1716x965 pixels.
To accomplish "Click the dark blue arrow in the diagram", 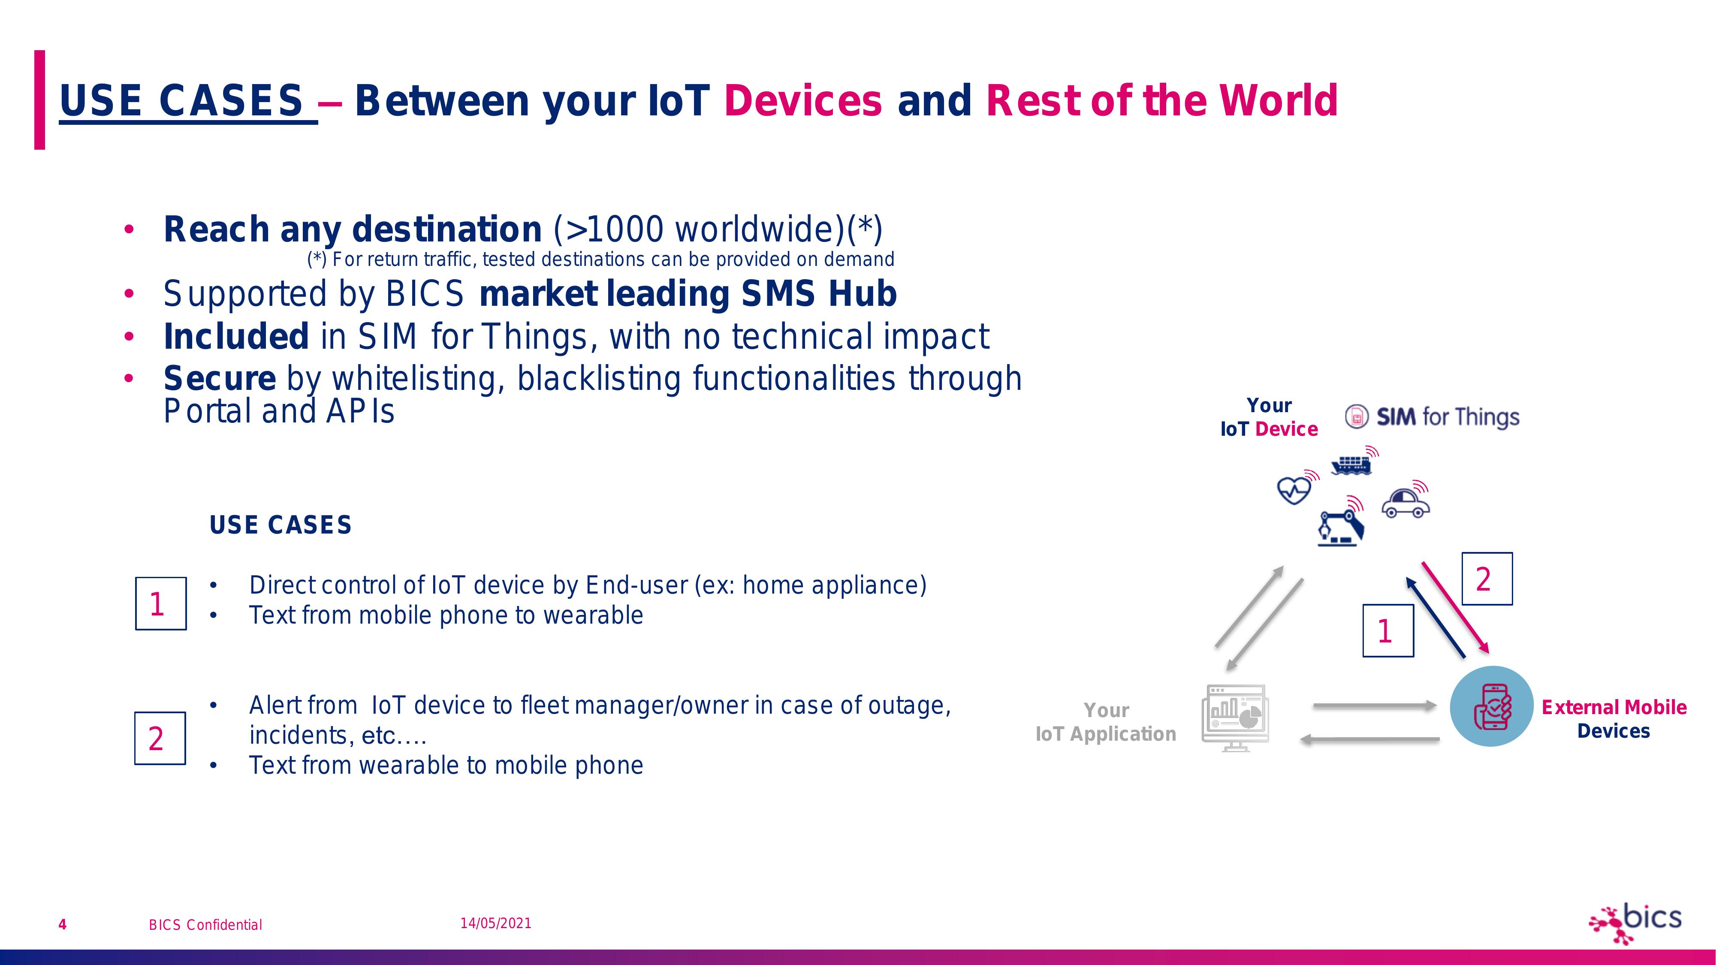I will [1436, 618].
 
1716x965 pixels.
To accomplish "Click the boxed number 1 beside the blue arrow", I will [1387, 630].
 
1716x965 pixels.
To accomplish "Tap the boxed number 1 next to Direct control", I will [160, 603].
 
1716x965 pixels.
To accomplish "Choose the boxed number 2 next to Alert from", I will [160, 738].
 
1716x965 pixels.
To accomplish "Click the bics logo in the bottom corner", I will [1635, 923].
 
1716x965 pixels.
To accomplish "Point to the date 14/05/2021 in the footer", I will [496, 923].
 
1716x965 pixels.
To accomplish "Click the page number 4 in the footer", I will [63, 924].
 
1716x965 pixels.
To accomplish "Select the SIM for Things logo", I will [1432, 417].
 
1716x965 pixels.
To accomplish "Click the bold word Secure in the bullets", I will [220, 378].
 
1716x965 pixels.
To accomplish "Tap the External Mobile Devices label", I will [1613, 718].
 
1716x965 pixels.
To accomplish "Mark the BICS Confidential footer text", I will [205, 924].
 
